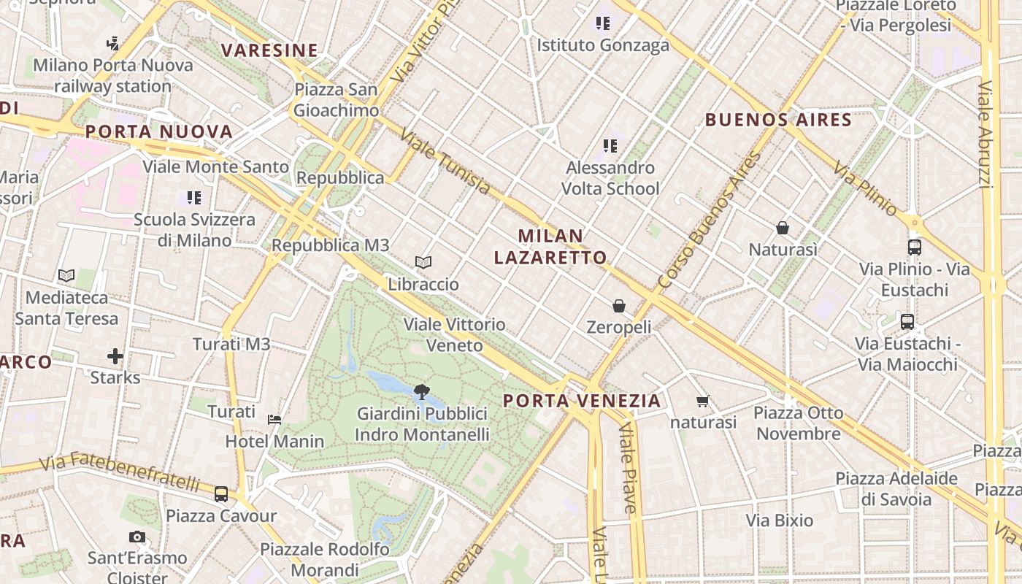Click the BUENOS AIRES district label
[778, 120]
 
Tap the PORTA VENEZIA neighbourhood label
[582, 401]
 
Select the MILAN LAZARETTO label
[550, 247]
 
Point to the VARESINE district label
[269, 50]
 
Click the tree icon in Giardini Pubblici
[421, 392]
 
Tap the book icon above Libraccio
[423, 262]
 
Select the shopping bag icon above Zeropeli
[619, 305]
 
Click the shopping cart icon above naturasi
[703, 401]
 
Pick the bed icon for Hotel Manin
[274, 419]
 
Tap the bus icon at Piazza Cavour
[221, 494]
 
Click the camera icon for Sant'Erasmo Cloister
[137, 537]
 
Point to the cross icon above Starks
[115, 356]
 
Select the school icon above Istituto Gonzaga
[603, 23]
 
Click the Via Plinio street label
[865, 188]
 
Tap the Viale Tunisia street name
[446, 162]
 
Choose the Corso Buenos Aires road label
[709, 219]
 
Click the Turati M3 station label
[231, 344]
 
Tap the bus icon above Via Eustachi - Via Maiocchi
[907, 321]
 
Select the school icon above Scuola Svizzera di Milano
[194, 197]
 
